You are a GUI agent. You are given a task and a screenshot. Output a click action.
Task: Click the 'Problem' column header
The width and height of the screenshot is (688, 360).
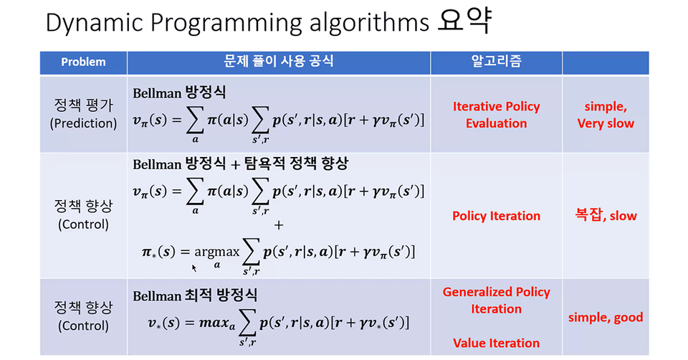[83, 62]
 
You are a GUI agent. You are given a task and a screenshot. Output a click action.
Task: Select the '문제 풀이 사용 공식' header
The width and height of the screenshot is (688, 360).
[279, 60]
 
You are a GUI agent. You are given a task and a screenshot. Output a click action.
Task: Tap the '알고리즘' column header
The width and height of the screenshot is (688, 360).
[496, 60]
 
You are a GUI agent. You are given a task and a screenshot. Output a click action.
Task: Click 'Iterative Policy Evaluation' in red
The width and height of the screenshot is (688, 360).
[496, 115]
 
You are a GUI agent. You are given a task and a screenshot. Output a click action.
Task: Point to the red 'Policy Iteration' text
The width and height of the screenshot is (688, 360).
[496, 216]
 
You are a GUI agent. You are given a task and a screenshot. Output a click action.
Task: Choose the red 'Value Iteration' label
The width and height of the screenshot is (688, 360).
[496, 343]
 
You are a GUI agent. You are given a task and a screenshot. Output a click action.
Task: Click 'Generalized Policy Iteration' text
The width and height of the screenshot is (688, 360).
[496, 300]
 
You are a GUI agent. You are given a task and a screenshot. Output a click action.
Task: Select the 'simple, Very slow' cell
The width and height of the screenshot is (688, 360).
[606, 115]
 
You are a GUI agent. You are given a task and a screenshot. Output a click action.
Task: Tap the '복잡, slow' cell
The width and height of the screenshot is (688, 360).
[606, 215]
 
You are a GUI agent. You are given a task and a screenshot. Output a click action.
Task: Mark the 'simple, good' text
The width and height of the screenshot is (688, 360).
[606, 318]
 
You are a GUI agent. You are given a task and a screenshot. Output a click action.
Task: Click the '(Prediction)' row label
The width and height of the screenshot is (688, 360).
[83, 124]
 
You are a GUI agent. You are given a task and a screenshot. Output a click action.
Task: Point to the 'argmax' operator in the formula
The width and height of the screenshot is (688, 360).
[217, 252]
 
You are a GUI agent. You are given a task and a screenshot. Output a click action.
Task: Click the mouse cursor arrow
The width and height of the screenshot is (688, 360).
[194, 267]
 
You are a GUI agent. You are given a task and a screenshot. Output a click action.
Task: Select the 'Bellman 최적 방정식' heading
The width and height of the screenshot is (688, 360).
[195, 295]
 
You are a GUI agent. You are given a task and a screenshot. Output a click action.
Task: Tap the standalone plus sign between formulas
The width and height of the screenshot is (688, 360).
[279, 225]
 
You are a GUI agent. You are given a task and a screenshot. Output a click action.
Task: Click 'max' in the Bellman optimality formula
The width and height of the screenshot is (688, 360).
[214, 323]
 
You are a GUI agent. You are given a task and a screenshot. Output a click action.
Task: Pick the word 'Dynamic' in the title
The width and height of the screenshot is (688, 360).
[95, 23]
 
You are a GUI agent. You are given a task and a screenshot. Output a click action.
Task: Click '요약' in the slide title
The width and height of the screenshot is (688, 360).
[464, 21]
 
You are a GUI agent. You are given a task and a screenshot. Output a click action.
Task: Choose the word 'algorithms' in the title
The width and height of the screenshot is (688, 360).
[369, 23]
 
